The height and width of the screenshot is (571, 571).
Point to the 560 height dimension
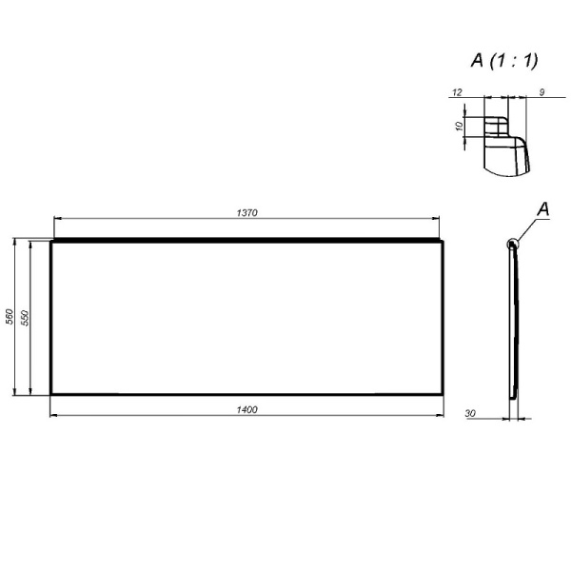click(10, 317)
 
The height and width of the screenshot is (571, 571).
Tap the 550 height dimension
click(26, 317)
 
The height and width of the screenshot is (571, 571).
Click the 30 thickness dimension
click(471, 413)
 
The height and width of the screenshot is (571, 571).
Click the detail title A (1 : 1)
click(503, 60)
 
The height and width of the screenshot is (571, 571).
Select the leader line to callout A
click(528, 227)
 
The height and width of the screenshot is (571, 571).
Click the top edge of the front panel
click(247, 242)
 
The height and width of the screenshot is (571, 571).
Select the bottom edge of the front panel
click(247, 392)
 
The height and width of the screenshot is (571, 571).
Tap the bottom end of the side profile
click(514, 392)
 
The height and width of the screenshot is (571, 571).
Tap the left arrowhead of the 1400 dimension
click(51, 415)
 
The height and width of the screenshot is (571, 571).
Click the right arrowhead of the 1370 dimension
click(438, 218)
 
